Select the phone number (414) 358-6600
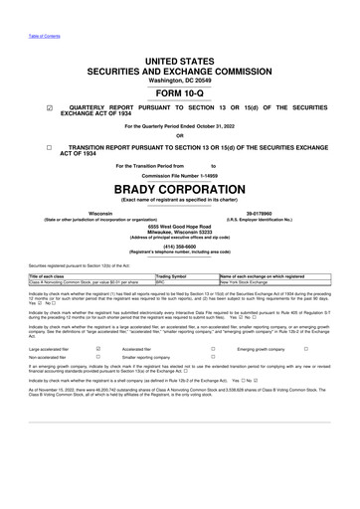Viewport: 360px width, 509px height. point(180,250)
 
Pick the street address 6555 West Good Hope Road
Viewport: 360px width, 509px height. point(180,227)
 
